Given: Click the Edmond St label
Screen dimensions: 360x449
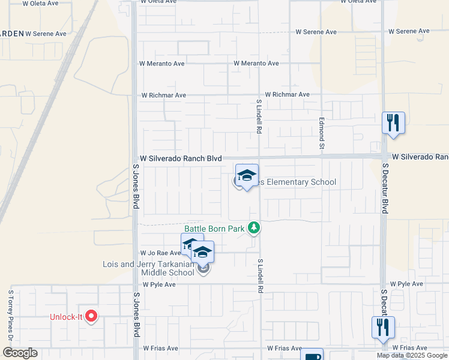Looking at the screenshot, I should click(x=322, y=134).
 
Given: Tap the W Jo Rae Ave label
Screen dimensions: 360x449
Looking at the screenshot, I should click(x=160, y=253).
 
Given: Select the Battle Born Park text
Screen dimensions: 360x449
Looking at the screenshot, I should click(x=214, y=229).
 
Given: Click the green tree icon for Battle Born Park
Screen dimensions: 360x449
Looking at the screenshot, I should click(x=255, y=227).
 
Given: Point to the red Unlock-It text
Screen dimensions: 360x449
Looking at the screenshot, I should click(x=66, y=317).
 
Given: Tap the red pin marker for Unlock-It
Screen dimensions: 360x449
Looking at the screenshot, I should click(x=91, y=316).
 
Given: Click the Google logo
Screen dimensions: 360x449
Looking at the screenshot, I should click(x=20, y=353).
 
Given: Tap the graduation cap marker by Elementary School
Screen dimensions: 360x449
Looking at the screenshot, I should click(x=247, y=176).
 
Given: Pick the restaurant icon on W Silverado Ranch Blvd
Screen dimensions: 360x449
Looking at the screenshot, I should click(x=393, y=123).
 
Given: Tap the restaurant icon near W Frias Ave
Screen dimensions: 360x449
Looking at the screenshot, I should click(x=382, y=328).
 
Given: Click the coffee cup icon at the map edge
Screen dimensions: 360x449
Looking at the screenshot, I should click(x=312, y=355).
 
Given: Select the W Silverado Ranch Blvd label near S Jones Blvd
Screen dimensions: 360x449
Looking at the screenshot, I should click(x=177, y=158).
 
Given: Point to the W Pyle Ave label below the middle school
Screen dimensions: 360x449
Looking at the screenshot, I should click(x=158, y=284).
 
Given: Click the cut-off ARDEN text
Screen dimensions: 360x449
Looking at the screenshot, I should click(x=11, y=34).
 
